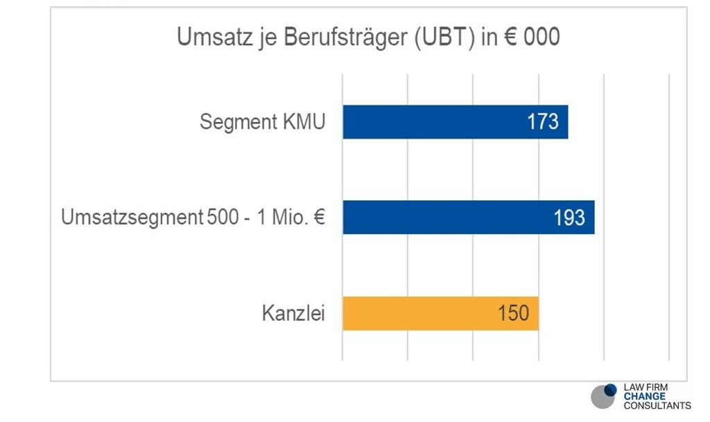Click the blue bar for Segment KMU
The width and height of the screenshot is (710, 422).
coord(430,122)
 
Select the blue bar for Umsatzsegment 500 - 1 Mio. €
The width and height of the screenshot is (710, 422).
coord(444,218)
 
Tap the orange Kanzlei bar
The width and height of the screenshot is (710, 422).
coord(416,313)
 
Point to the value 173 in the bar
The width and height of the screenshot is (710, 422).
coord(543,122)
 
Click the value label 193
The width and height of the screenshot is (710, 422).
coord(569,218)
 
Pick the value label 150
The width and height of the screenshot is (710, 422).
coord(513,313)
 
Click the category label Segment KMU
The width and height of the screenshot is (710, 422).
coord(262,122)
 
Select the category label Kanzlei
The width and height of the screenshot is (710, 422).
coord(293,313)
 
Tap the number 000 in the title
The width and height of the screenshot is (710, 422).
coord(542,37)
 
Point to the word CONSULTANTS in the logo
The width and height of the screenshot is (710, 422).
coord(657,405)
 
